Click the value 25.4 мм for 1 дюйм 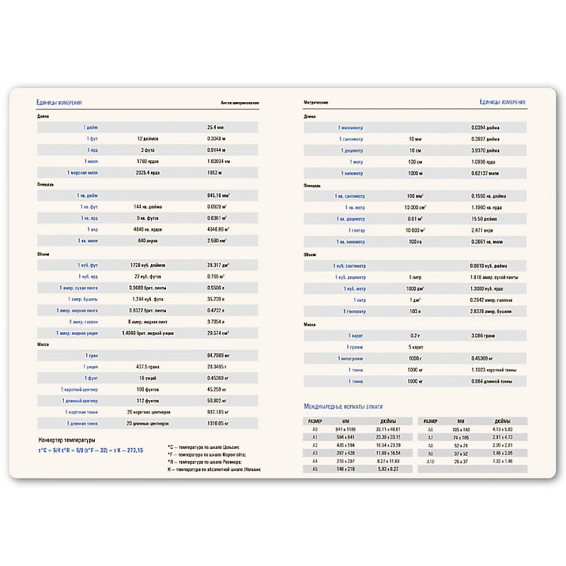[x=217, y=128]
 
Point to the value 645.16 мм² [x=218, y=195]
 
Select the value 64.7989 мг [x=219, y=355]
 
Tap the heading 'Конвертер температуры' [x=67, y=439]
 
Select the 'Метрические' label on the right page [x=318, y=102]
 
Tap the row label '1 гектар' [x=356, y=229]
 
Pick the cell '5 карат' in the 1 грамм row [x=415, y=346]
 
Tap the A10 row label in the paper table [x=430, y=460]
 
